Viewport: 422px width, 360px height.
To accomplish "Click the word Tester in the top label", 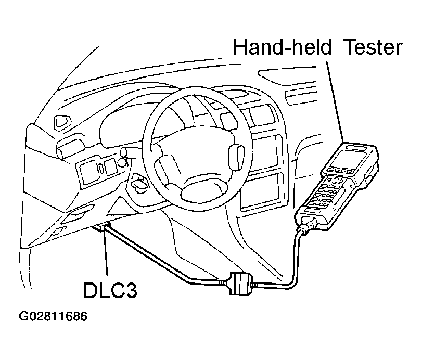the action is pos(373,47).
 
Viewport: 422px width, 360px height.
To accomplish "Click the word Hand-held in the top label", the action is pos(282,47).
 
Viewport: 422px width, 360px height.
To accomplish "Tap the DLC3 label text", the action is pos(110,290).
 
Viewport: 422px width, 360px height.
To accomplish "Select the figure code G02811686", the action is pos(53,316).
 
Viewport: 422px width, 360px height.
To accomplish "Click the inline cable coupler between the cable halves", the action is pos(240,284).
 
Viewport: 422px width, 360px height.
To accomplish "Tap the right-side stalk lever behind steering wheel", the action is pos(236,158).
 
